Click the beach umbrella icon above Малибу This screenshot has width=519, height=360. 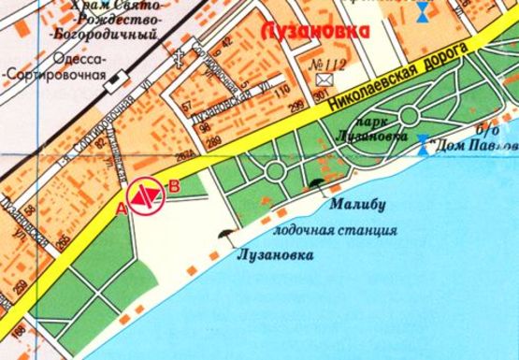click(x=318, y=184)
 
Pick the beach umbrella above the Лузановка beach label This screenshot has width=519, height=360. click(x=224, y=235)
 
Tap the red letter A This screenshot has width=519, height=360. click(x=122, y=209)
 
